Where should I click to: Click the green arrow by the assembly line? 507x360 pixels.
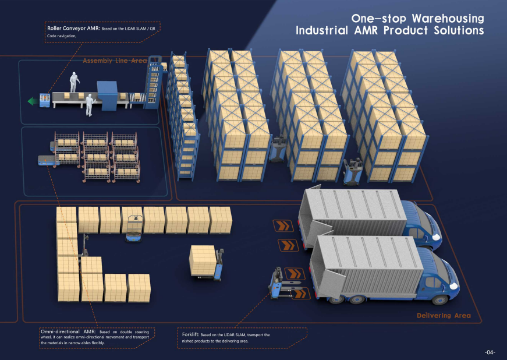[33, 101]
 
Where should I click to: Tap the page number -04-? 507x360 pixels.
[490, 352]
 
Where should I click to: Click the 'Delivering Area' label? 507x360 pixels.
[444, 315]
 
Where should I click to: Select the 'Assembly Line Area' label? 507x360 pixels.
[115, 61]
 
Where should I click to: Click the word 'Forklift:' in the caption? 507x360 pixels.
[190, 334]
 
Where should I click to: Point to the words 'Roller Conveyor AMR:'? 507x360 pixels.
[73, 28]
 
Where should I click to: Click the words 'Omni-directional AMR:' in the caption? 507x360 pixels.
[68, 331]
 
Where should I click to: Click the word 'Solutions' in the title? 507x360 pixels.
[459, 30]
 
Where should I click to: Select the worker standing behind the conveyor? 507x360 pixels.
[75, 82]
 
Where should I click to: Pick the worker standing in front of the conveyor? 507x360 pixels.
[90, 105]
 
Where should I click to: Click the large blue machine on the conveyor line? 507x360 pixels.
[107, 96]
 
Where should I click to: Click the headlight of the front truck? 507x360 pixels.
[453, 286]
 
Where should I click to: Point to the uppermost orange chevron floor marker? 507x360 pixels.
[283, 225]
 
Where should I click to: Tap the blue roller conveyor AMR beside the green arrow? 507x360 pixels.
[45, 100]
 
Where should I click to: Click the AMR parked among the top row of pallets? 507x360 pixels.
[134, 229]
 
